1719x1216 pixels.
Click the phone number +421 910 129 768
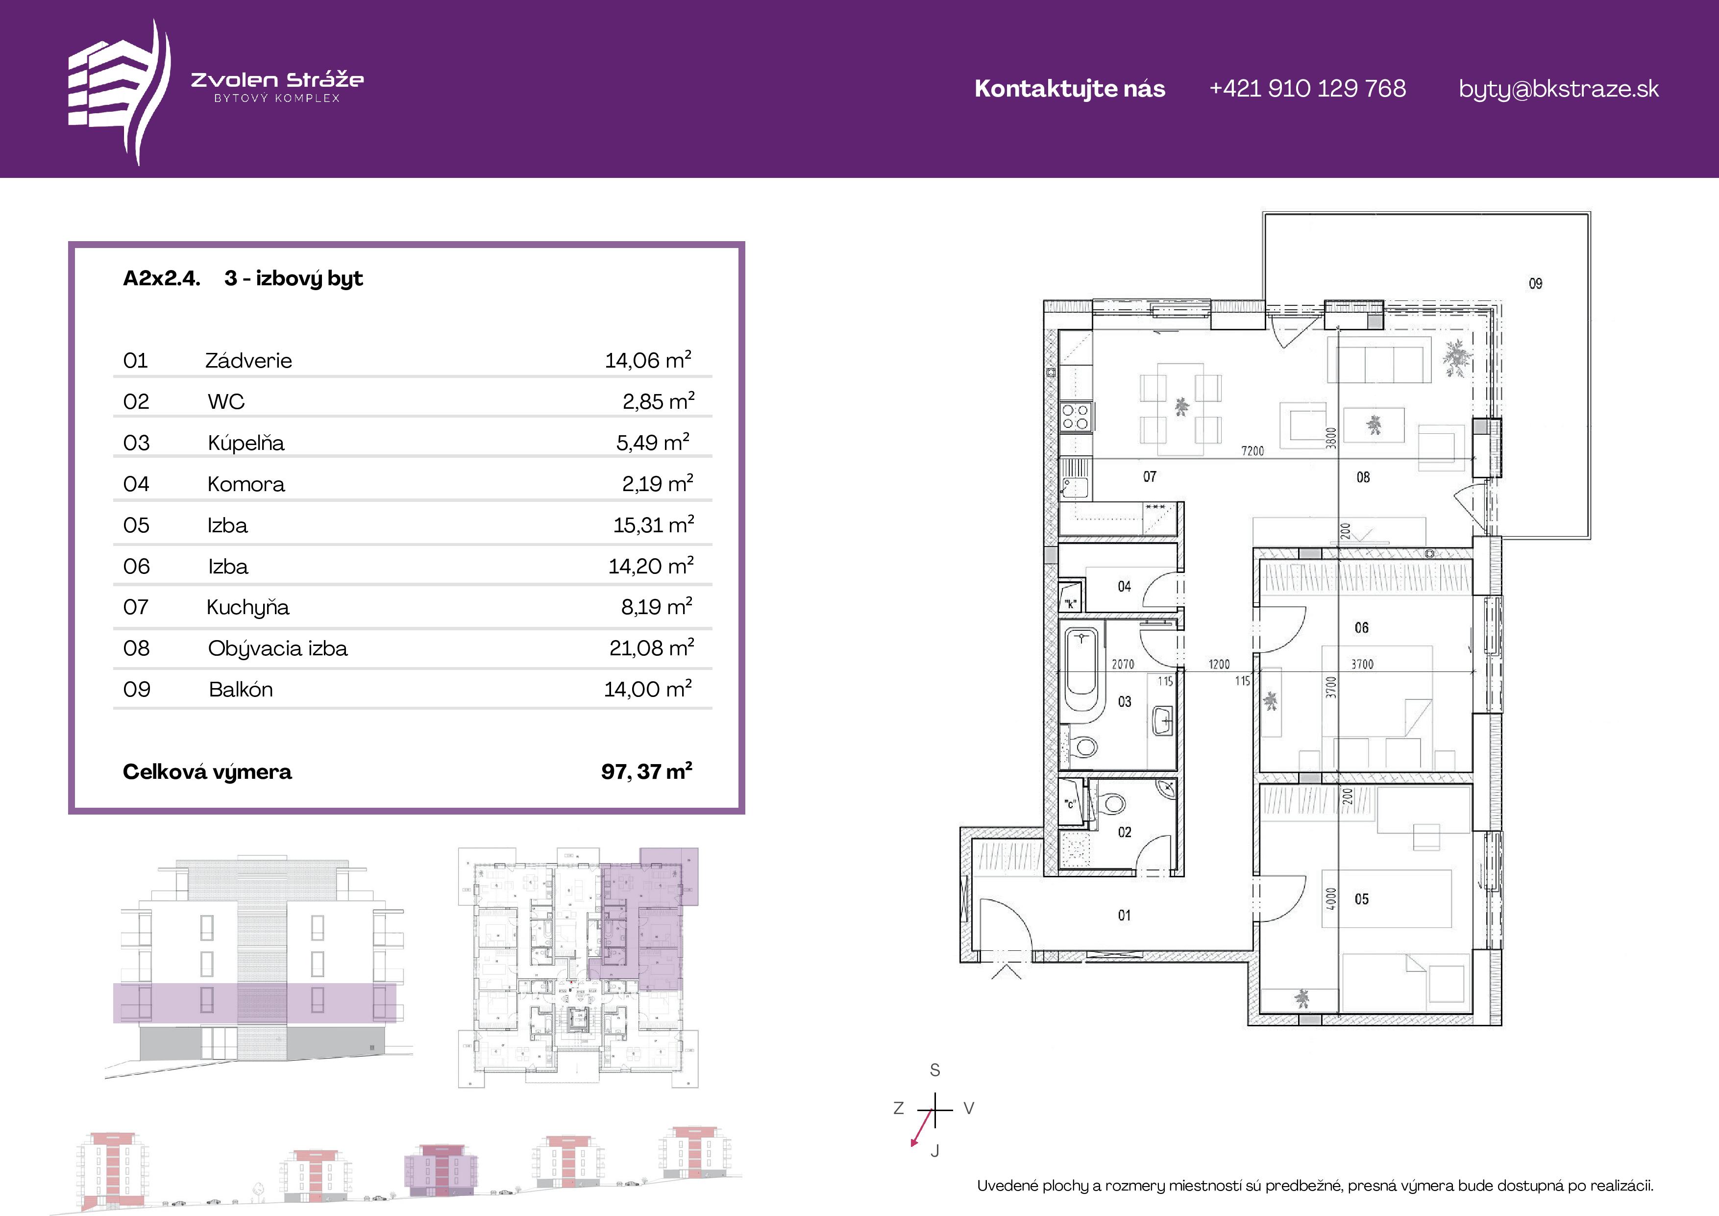(1307, 88)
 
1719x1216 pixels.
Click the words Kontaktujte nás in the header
(1070, 88)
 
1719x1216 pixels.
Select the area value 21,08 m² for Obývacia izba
(651, 647)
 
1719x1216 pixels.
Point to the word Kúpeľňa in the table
(246, 443)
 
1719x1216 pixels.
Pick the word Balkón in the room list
(240, 689)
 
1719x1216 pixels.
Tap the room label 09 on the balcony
(1536, 283)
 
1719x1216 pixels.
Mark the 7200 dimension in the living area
(1252, 451)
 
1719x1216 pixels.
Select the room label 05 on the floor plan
(1362, 898)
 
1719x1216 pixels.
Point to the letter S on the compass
(935, 1070)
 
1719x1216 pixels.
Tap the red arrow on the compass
(922, 1128)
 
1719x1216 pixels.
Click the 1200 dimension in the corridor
(1219, 664)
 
